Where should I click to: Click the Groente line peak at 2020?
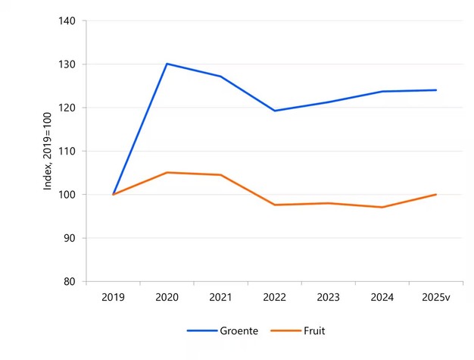(167, 64)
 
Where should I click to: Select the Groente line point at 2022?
(274, 111)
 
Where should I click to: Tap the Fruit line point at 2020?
(167, 173)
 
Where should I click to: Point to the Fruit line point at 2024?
(382, 207)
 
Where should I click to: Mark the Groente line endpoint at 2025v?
(436, 90)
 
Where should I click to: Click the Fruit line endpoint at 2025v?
(436, 194)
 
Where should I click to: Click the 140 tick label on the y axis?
(67, 21)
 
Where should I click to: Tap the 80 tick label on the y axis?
(70, 281)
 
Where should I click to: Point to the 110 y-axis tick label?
(67, 152)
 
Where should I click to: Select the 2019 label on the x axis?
(113, 297)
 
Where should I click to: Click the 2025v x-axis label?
(436, 297)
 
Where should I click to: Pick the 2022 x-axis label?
(274, 297)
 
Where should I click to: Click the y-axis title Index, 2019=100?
(47, 152)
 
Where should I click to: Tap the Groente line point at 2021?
(220, 77)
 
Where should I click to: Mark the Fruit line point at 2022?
(274, 205)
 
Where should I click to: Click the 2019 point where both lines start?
(113, 194)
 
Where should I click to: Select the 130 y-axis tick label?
(67, 64)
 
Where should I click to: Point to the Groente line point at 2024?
(382, 92)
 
